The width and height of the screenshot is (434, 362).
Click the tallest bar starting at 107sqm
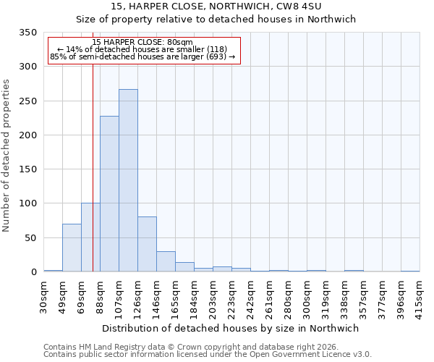128,180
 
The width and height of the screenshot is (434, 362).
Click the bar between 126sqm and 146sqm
147,244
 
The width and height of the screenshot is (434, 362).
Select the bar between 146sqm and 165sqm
166,261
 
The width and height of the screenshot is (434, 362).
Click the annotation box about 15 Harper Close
143,50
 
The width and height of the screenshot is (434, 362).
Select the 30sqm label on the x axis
44,296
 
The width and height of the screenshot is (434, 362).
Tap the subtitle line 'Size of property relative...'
216,20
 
